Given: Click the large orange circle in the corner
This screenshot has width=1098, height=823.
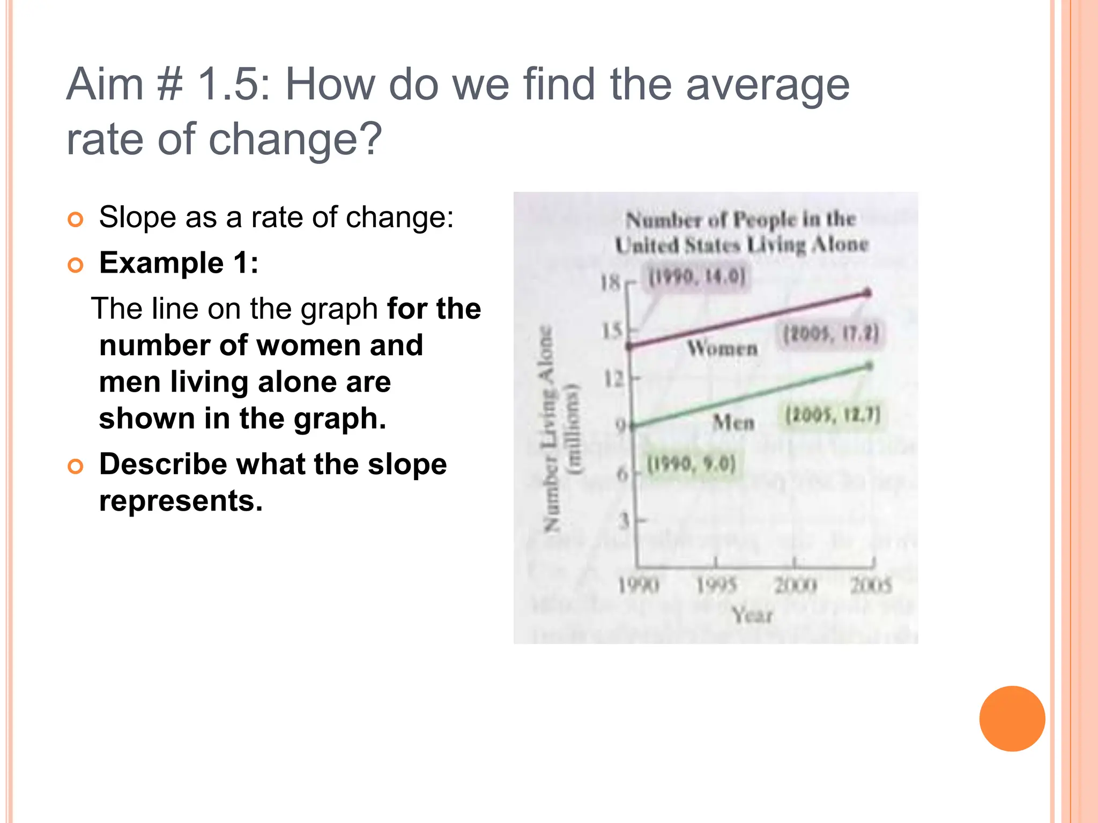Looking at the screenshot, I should click(1012, 719).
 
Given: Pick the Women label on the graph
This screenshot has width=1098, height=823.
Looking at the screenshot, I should click(723, 348).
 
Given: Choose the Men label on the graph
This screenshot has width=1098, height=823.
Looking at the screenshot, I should click(733, 423).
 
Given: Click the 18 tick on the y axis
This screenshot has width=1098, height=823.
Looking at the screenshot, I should click(611, 282).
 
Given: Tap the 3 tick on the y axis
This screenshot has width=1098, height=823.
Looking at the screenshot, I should click(624, 520).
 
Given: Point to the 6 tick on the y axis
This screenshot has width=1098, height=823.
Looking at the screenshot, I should click(622, 474).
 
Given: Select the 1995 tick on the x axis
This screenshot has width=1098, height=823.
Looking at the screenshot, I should click(716, 585).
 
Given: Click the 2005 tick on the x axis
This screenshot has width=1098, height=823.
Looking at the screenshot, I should click(871, 585).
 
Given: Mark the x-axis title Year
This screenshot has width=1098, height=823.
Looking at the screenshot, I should click(752, 615).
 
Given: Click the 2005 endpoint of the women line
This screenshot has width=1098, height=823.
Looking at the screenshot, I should click(868, 293).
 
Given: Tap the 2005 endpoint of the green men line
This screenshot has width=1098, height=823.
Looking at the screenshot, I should click(869, 366).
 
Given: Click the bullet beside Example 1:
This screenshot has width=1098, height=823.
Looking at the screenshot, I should click(76, 265).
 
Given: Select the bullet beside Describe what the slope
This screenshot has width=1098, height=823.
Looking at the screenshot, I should click(76, 466).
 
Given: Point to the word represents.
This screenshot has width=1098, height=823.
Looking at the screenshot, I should click(181, 501).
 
